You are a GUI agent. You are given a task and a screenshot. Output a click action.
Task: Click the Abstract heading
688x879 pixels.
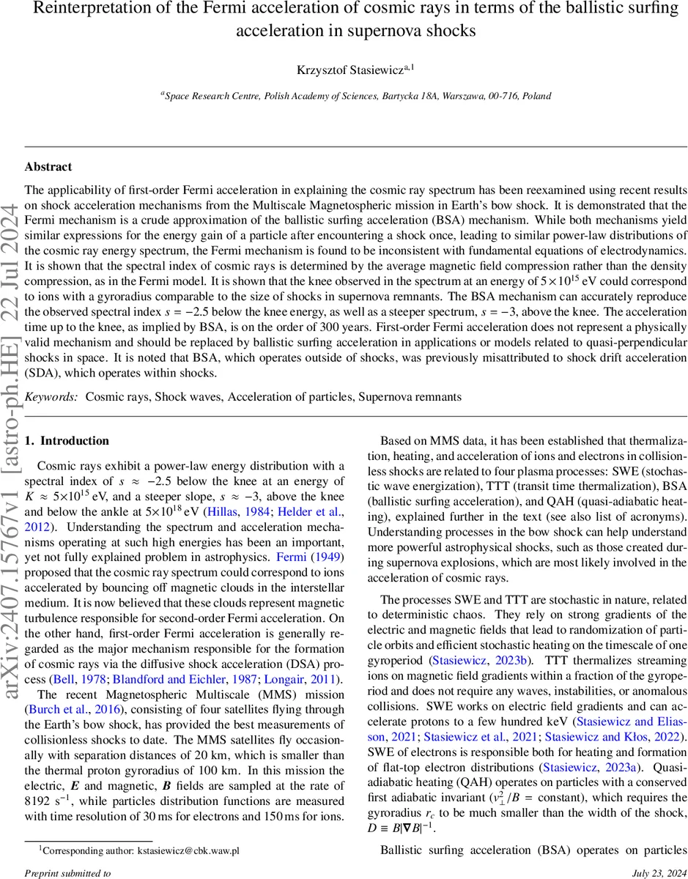(48, 168)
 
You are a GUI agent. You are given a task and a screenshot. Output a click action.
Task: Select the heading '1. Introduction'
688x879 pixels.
(67, 441)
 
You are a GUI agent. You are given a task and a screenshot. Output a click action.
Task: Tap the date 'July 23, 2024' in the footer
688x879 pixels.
(640, 873)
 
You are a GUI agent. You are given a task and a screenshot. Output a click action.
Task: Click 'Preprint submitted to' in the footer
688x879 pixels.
(67, 873)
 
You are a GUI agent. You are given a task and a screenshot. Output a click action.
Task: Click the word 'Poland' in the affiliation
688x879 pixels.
(536, 96)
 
